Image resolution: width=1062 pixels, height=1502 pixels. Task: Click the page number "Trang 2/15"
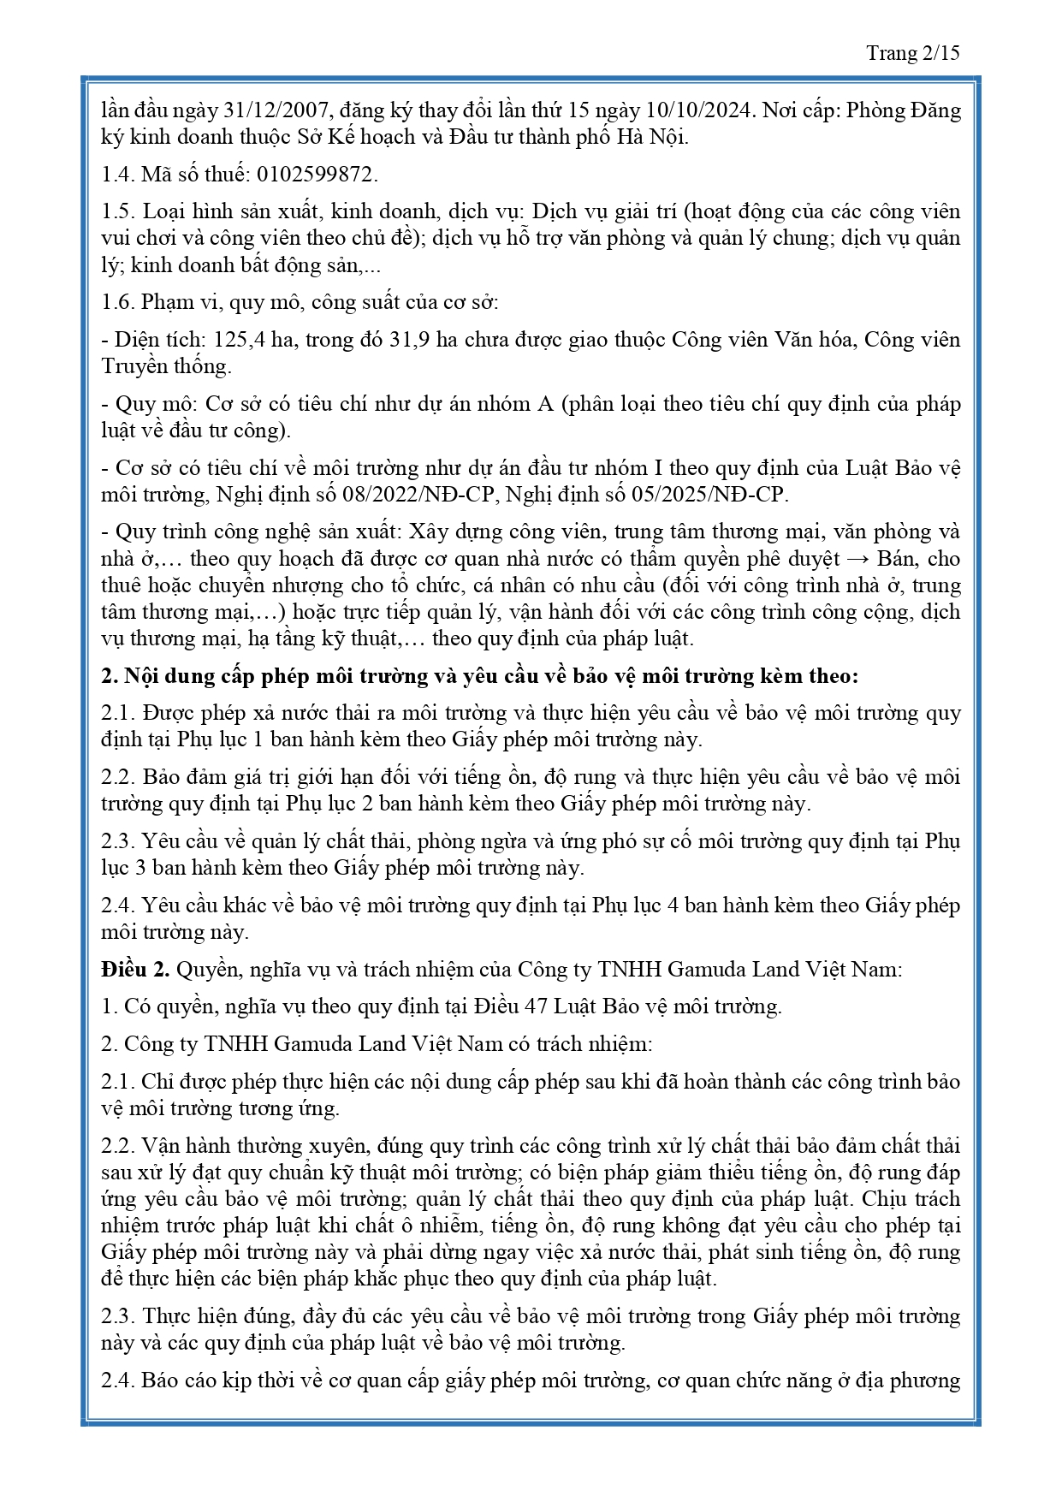click(x=912, y=53)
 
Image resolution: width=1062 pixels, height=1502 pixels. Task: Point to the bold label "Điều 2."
click(x=135, y=970)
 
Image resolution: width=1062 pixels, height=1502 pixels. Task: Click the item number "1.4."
click(x=118, y=175)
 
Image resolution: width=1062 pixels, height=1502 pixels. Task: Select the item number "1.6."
click(x=118, y=302)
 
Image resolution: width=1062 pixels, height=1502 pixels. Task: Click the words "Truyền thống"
click(x=166, y=366)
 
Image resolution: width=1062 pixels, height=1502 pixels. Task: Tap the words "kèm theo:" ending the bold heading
click(x=812, y=676)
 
